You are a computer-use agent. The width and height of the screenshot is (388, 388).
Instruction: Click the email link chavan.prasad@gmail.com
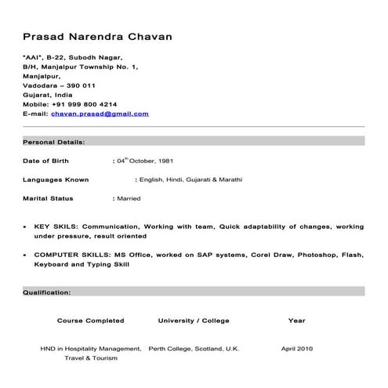tap(100, 114)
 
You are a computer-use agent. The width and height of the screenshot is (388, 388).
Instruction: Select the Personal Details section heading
tap(54, 142)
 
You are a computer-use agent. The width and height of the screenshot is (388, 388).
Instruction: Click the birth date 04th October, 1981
tap(144, 161)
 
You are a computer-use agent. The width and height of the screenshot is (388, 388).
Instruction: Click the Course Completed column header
tap(91, 321)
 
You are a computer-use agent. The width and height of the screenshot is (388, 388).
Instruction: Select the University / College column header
tap(194, 321)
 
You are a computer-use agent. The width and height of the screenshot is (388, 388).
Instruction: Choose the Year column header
tap(296, 321)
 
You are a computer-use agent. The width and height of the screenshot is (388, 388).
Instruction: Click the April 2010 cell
tap(297, 348)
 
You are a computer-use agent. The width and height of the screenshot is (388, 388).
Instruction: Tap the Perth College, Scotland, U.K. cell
tap(194, 348)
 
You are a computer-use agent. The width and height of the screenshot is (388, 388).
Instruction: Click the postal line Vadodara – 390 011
tap(59, 85)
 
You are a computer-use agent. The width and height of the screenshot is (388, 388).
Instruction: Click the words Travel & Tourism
tap(91, 358)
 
